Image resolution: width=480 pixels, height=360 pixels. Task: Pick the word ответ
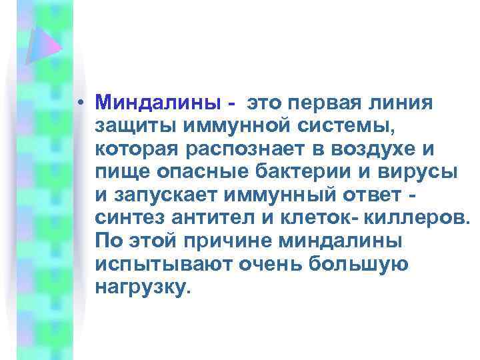click(371, 194)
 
